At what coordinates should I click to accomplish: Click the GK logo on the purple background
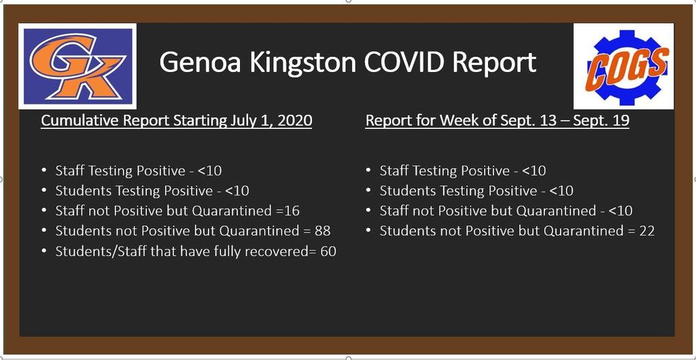click(77, 66)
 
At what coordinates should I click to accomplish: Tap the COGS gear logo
click(624, 67)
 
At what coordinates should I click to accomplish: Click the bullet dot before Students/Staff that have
click(43, 251)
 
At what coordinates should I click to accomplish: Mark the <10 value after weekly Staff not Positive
click(620, 211)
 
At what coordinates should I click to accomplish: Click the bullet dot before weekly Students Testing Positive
click(368, 191)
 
